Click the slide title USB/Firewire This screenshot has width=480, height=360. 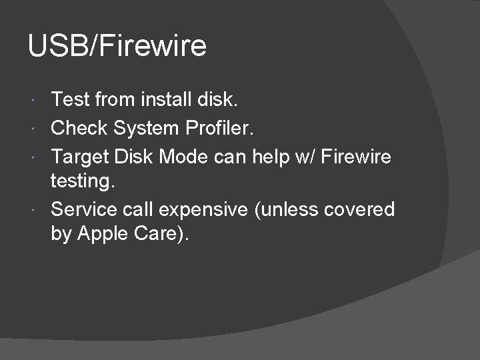(x=117, y=47)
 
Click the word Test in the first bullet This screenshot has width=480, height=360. (x=70, y=100)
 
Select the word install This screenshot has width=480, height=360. (x=167, y=100)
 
